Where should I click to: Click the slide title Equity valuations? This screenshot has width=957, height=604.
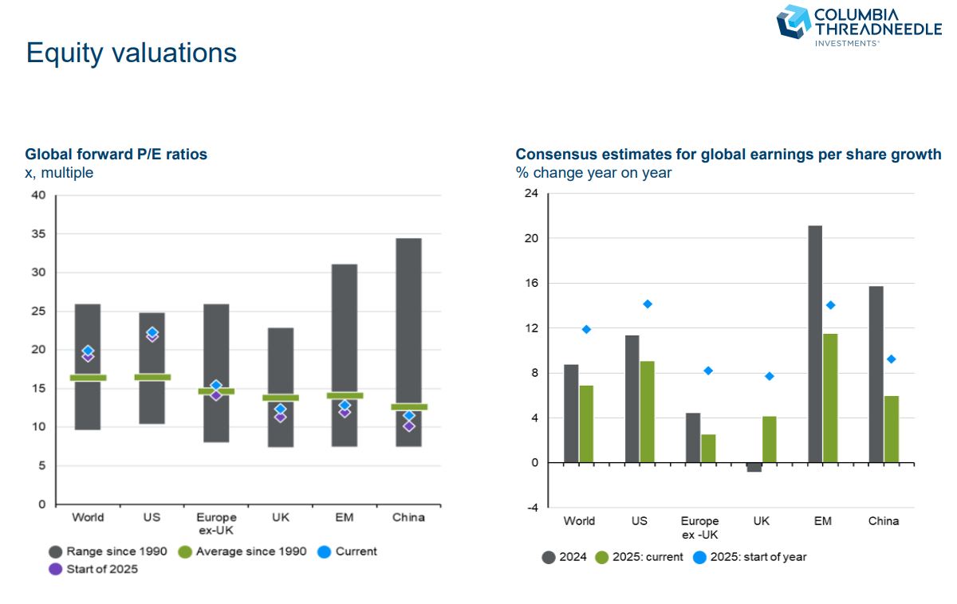coord(131,53)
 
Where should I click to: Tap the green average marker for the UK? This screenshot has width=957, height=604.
coord(280,397)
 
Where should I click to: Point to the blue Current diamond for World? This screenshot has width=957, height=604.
coord(88,351)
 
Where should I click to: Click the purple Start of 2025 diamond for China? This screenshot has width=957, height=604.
coord(408,426)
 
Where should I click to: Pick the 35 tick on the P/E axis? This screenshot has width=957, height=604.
coord(38,234)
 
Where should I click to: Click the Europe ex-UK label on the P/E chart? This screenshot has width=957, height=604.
coord(215,524)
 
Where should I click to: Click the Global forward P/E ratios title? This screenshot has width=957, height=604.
coord(116,155)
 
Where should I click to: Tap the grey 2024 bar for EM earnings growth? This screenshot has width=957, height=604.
coord(815,343)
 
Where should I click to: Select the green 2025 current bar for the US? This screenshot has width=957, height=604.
coord(648,411)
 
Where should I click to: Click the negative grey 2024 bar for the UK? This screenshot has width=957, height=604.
coord(754,467)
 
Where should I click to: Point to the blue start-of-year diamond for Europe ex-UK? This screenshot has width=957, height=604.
coord(707,371)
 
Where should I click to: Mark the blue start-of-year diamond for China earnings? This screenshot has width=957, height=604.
coord(891,359)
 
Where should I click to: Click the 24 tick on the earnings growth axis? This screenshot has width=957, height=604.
coord(531,194)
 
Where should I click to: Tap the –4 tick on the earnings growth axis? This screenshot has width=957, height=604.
coord(531,508)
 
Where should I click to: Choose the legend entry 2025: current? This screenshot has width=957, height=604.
coord(639,557)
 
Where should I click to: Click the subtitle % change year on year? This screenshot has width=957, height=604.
coord(593,173)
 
